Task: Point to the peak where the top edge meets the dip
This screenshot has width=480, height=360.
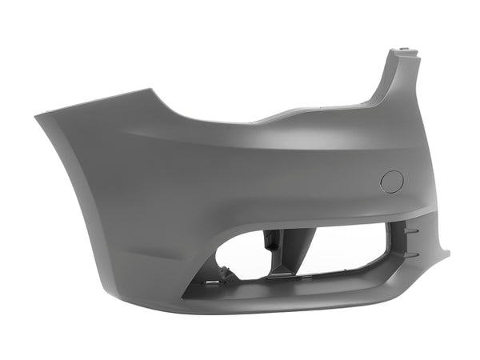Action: (151, 90)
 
